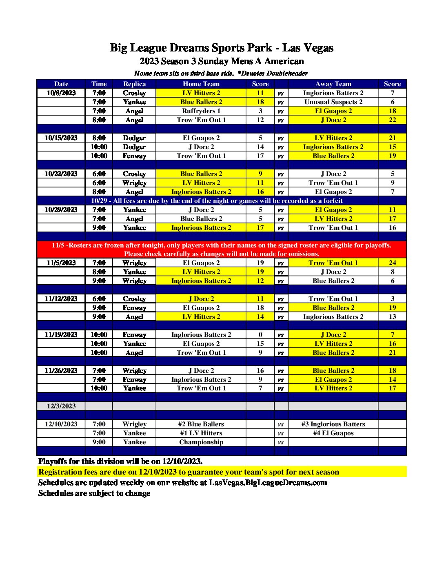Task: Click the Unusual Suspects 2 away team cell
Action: pyautogui.click(x=333, y=102)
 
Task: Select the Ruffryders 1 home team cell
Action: pyautogui.click(x=201, y=111)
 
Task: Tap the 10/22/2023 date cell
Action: pyautogui.click(x=61, y=174)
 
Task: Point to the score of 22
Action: pyautogui.click(x=392, y=120)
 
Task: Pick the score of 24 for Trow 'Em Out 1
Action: pyautogui.click(x=392, y=263)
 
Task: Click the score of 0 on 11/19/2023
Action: pyautogui.click(x=260, y=335)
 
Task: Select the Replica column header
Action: pyautogui.click(x=134, y=84)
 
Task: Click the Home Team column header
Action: pyautogui.click(x=201, y=84)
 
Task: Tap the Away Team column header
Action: pyautogui.click(x=333, y=84)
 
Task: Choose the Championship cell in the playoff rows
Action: pyautogui.click(x=201, y=442)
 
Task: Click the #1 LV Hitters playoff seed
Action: pyautogui.click(x=201, y=433)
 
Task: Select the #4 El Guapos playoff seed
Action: pyautogui.click(x=333, y=433)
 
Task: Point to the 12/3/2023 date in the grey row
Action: pyautogui.click(x=61, y=406)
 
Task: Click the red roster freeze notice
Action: pyautogui.click(x=221, y=250)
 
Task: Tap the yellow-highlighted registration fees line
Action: pyautogui.click(x=189, y=472)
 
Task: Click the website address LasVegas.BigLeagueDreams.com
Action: pyautogui.click(x=268, y=483)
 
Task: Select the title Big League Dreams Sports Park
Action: pyautogui.click(x=221, y=48)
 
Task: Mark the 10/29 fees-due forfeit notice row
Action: pyautogui.click(x=216, y=201)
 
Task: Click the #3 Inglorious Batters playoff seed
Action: pyautogui.click(x=333, y=424)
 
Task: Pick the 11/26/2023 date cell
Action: pyautogui.click(x=61, y=371)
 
